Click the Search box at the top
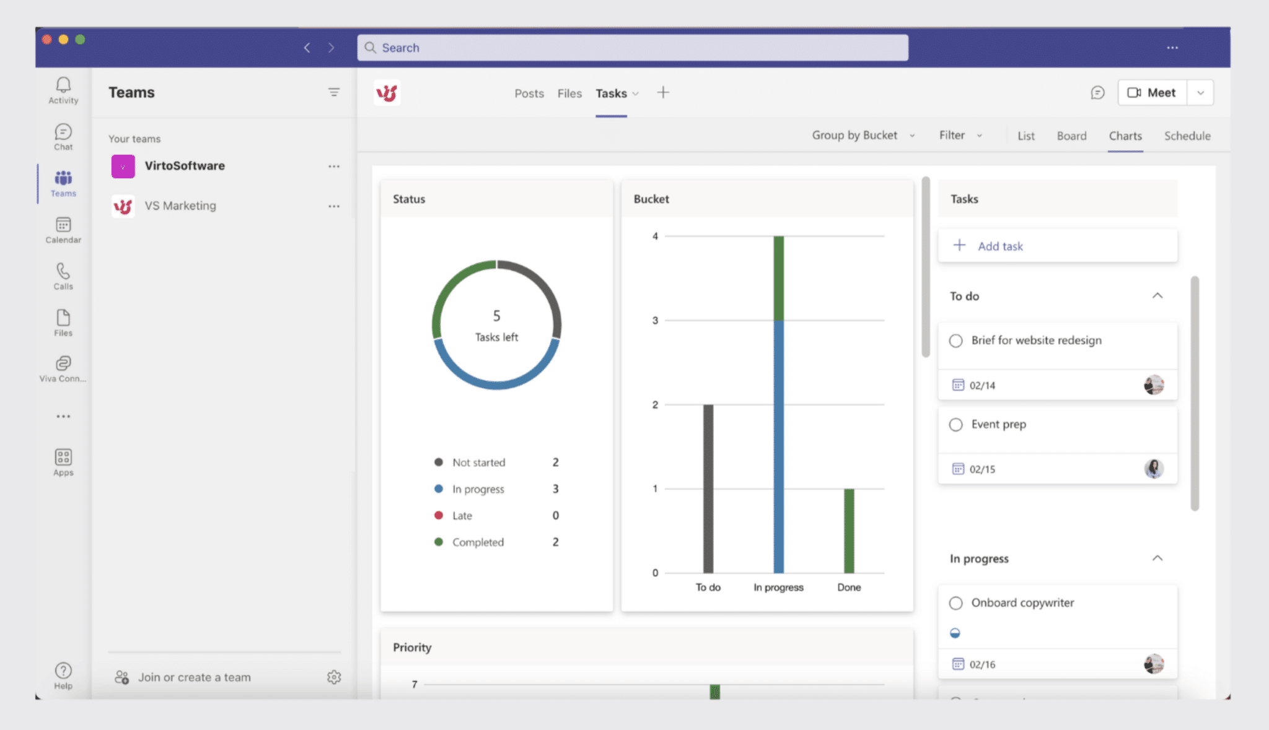[632, 48]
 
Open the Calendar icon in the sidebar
[63, 230]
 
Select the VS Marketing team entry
[180, 206]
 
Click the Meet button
[1152, 93]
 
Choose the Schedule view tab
[1187, 136]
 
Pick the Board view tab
[1071, 136]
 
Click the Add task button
[999, 246]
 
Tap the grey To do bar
[708, 489]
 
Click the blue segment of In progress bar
[779, 446]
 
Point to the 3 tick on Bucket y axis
[655, 320]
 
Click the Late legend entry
[462, 515]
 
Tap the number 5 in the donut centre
[496, 316]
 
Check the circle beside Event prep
[955, 425]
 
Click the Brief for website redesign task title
[1036, 340]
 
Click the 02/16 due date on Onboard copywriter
[981, 664]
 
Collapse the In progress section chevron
[1157, 558]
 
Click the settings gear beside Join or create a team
[334, 677]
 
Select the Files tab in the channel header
[569, 93]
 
